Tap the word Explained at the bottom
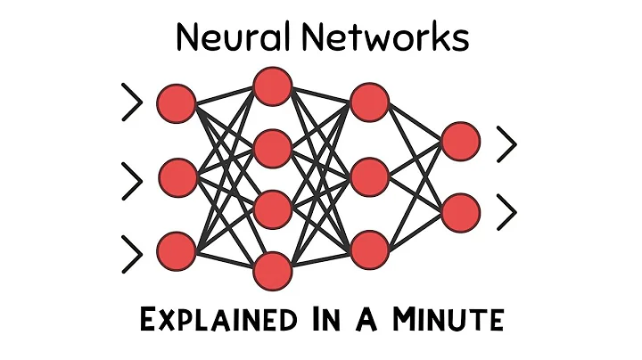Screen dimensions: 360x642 218,318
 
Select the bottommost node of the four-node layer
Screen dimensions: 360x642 273,271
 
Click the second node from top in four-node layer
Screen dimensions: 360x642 273,148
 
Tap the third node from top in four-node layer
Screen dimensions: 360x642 273,210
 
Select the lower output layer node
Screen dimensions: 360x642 461,212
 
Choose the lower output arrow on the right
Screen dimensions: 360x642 507,211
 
